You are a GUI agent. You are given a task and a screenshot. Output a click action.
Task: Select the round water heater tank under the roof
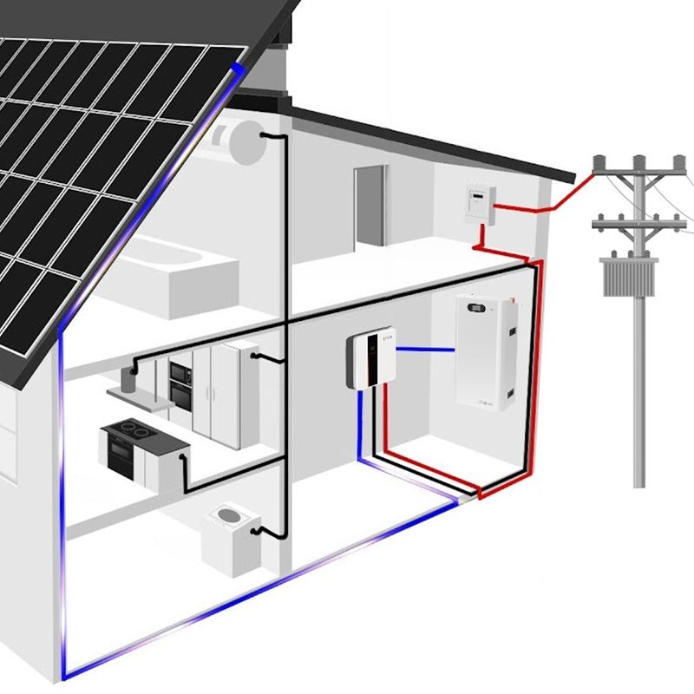coord(246,141)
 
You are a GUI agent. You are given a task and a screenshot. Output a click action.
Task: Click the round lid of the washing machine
coord(229,518)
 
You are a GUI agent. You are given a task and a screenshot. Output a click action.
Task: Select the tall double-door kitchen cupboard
coord(215,395)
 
